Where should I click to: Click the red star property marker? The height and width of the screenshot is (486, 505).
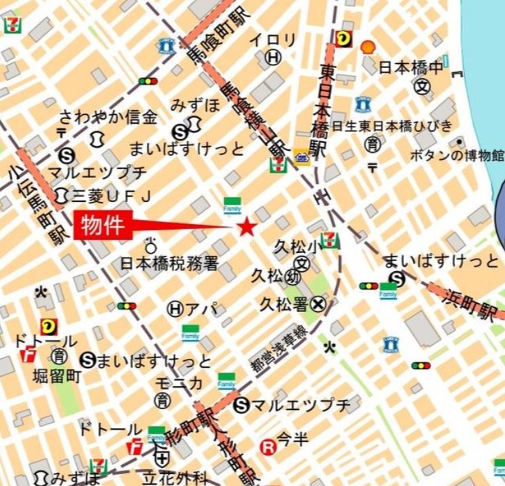point(246,227)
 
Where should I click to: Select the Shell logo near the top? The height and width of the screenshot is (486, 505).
point(368,46)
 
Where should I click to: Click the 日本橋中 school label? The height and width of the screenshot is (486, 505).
point(411,68)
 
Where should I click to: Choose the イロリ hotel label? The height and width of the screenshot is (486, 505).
point(273,40)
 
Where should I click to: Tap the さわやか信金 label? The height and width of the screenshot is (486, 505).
point(108,117)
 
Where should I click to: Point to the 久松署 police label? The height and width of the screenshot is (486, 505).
point(283,305)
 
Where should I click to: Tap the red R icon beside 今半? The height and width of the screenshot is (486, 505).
point(269,447)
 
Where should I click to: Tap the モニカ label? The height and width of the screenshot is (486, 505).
point(178,383)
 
